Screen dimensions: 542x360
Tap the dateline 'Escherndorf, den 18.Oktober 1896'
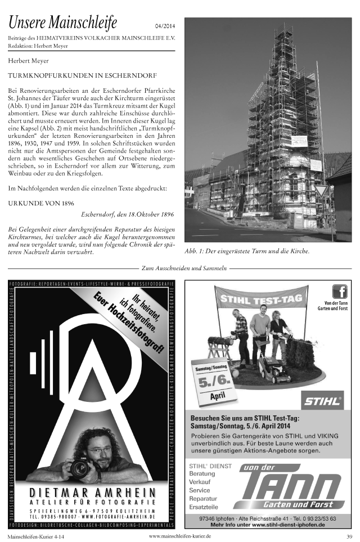(127, 214)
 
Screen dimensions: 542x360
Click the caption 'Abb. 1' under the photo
(247, 252)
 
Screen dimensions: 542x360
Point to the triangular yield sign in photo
(321, 191)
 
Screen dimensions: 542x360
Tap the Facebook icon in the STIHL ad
(339, 292)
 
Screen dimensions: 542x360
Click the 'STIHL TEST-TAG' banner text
(262, 297)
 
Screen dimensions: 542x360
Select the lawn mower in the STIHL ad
(272, 369)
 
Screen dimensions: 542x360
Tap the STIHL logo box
(323, 401)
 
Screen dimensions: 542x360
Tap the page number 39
(349, 536)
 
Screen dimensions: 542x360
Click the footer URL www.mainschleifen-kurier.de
(180, 536)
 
